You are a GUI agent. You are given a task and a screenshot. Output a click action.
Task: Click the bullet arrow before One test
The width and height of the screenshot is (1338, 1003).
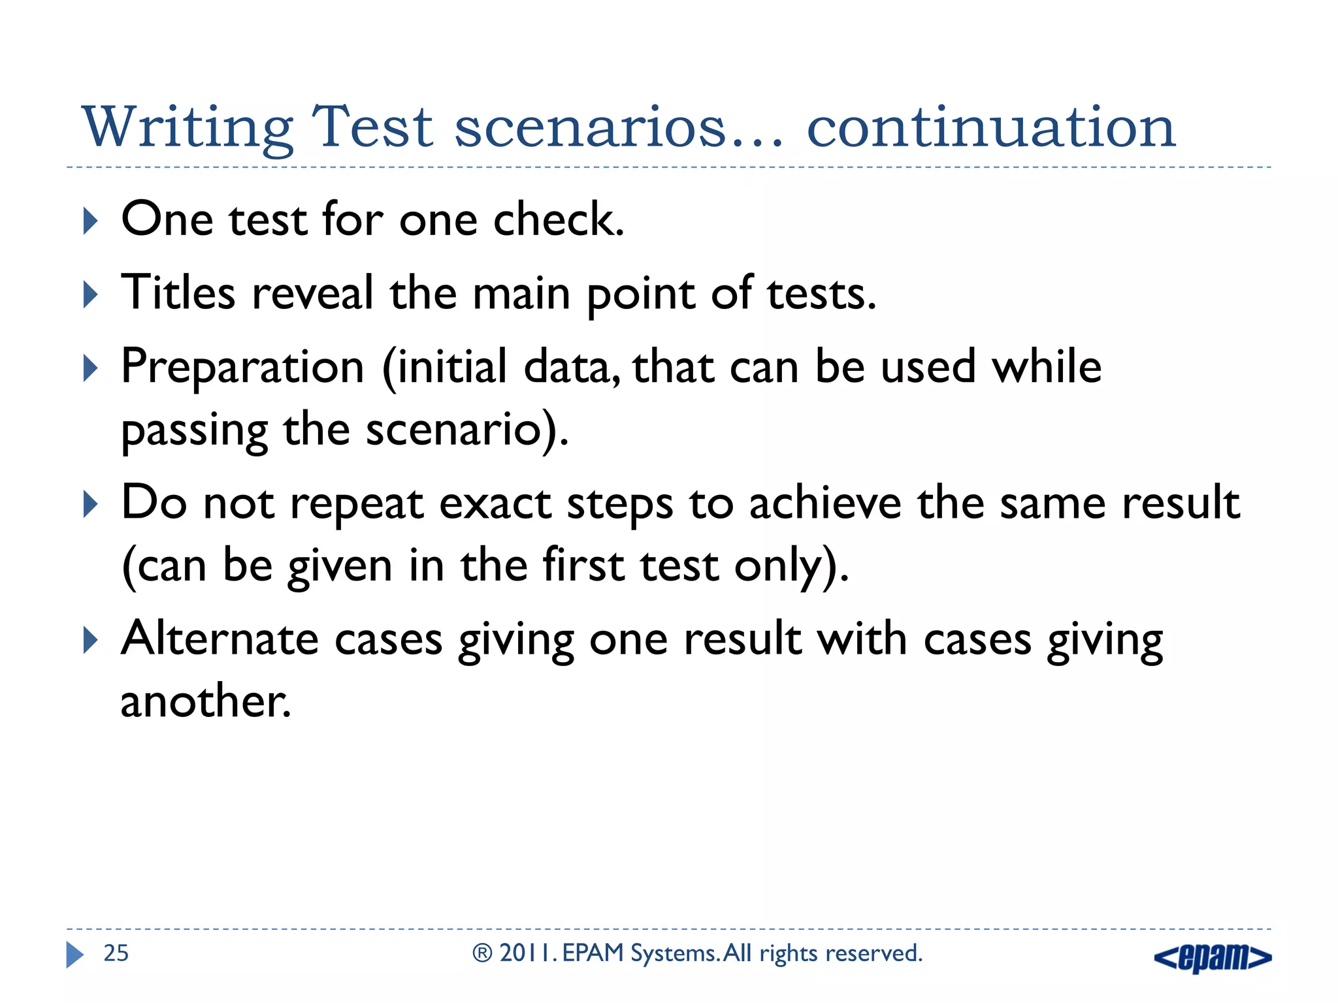[x=91, y=221]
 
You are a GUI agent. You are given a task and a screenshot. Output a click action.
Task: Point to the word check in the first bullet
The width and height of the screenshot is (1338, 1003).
[x=558, y=219]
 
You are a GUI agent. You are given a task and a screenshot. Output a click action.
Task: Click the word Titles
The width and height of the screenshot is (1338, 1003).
[x=178, y=293]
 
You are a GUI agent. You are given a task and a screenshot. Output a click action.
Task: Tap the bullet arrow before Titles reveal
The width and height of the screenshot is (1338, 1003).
[x=91, y=295]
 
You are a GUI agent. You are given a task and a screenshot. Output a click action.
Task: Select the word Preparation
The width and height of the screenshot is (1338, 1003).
[x=242, y=368]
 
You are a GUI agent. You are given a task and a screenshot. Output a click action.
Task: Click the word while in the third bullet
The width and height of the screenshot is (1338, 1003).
[x=1047, y=366]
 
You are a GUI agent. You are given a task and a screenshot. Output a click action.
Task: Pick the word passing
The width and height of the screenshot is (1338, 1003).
[x=195, y=432]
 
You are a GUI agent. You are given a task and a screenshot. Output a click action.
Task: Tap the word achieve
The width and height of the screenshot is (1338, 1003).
[x=825, y=503]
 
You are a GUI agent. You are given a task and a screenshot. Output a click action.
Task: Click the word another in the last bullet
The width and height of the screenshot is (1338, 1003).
[x=204, y=701]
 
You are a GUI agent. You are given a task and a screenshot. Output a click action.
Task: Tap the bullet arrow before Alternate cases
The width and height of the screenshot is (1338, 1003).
[x=91, y=640]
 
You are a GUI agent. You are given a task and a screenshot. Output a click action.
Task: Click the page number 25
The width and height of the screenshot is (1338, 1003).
[x=116, y=953]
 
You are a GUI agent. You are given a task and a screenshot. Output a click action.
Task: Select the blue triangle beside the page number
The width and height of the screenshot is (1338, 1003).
[x=74, y=955]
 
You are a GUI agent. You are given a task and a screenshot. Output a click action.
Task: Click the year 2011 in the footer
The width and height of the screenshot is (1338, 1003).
[x=527, y=953]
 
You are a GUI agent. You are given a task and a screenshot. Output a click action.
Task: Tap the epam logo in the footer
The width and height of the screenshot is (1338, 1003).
[x=1213, y=957]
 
